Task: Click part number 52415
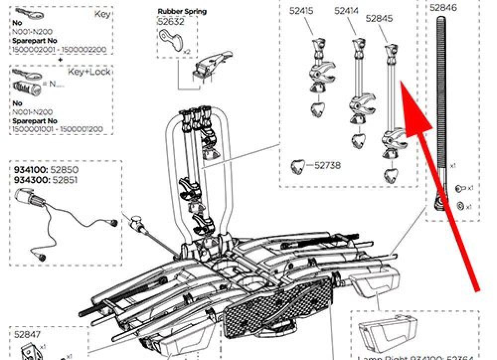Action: (x=303, y=11)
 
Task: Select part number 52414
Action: (x=346, y=11)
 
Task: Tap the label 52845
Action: (x=379, y=19)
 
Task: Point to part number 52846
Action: (x=443, y=7)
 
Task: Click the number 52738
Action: (x=328, y=166)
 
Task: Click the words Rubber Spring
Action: (x=182, y=11)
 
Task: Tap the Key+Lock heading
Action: (x=89, y=72)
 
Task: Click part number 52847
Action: (x=27, y=335)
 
